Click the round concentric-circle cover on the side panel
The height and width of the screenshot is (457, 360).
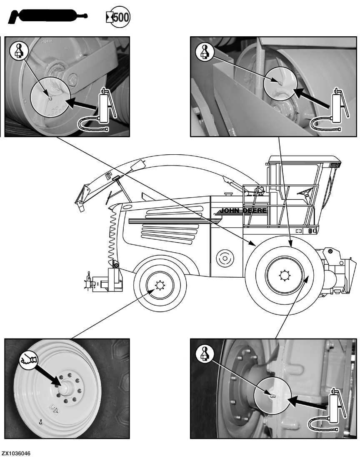click(x=224, y=258)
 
